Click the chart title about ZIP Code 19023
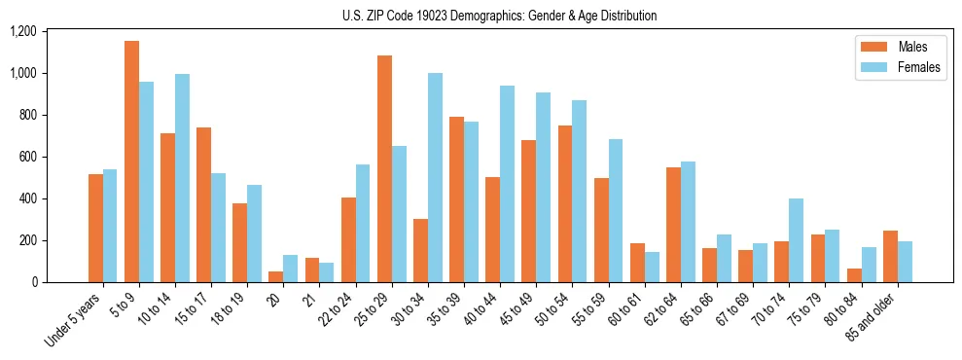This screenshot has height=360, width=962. click(x=499, y=16)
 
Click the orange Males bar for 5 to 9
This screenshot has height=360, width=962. click(x=131, y=162)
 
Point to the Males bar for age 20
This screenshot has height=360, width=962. click(x=276, y=277)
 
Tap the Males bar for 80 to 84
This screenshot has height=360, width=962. click(x=853, y=275)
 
